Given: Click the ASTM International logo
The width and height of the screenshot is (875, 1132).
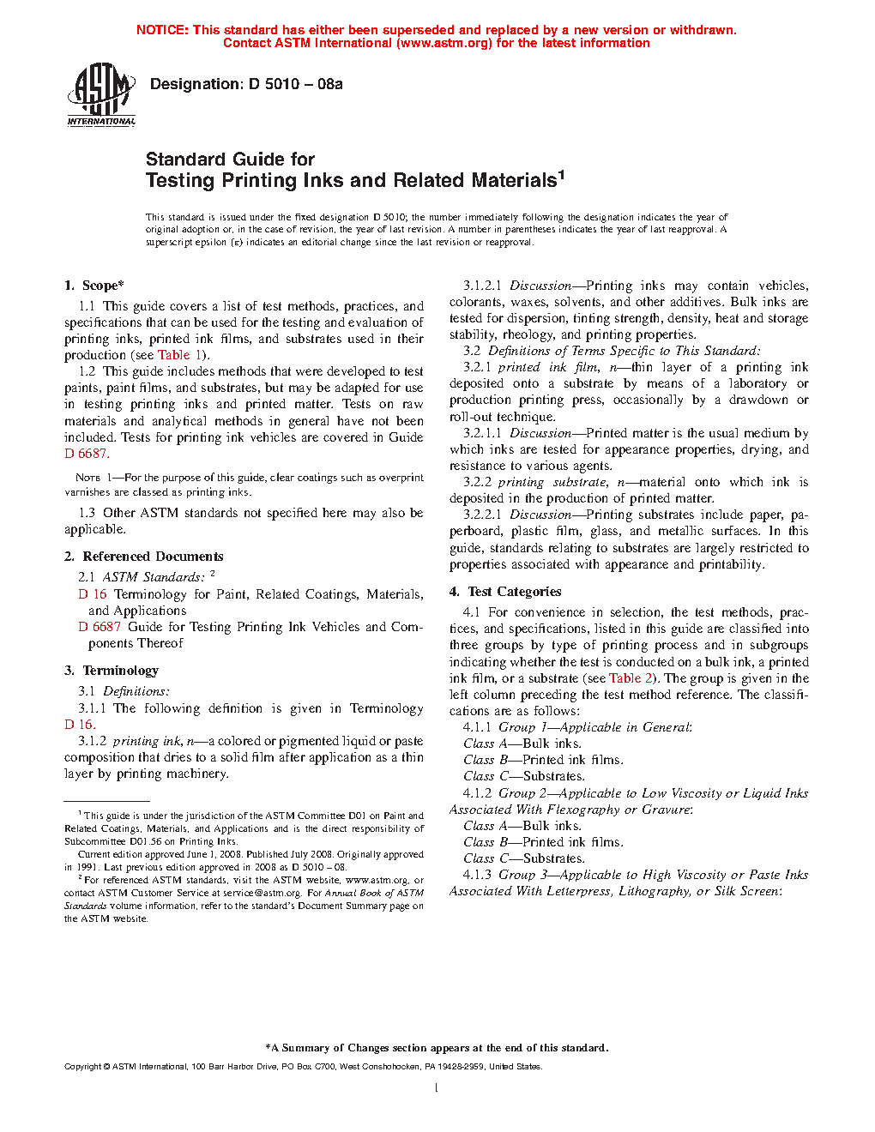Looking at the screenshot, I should [x=101, y=94].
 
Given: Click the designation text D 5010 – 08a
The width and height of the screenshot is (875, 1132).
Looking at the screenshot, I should [x=295, y=84].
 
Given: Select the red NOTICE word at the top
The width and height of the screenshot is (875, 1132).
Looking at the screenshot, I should [x=162, y=30].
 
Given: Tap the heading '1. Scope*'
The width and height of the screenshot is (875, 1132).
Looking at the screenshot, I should [x=94, y=286].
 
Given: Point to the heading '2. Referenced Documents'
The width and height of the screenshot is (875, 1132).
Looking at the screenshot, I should [x=144, y=557].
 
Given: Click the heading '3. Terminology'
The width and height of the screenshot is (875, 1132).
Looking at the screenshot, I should [x=112, y=671].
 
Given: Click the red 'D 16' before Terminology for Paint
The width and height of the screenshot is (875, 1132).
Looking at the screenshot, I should [x=93, y=594].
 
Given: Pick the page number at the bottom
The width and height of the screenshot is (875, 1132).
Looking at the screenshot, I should [x=437, y=1088].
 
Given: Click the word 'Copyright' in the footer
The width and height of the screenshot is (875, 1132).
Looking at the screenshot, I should [x=82, y=1067].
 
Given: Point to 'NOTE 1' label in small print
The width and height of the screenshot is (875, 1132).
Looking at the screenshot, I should [x=88, y=478].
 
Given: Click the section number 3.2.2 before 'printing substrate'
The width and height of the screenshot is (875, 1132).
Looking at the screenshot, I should [x=477, y=482].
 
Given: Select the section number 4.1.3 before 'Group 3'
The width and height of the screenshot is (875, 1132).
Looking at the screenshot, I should [x=477, y=875].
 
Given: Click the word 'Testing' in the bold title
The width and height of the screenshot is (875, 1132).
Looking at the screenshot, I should [x=180, y=181].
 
